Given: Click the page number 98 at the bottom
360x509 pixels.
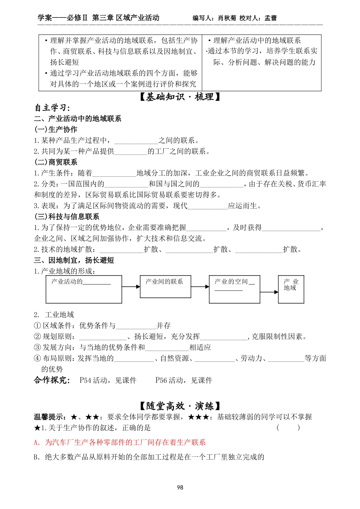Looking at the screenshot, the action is tap(180, 487).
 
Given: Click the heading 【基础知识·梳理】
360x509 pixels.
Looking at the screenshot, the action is tap(180, 97).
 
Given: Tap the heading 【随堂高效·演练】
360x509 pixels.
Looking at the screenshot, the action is tap(180, 406).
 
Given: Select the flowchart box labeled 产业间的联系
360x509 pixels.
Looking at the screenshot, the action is tap(165, 286).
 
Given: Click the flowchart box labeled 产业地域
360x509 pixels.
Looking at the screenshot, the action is tap(291, 289).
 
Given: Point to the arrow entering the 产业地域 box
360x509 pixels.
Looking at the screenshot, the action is tap(269, 292).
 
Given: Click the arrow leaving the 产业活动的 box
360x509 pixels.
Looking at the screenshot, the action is tap(131, 287).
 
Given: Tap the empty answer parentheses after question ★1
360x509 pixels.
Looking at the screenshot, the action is tap(288, 428).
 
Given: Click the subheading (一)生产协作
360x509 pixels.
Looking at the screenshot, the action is tap(56, 129).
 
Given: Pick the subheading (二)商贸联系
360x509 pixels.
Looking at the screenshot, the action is tap(56, 162).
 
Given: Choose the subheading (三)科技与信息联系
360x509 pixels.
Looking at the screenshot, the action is tap(67, 217).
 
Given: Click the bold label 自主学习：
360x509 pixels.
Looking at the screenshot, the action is tap(53, 108).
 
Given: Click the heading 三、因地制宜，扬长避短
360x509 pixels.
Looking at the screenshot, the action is tap(74, 260).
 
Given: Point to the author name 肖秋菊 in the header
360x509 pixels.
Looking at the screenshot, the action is tap(227, 18).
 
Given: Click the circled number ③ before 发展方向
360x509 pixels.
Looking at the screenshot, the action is tap(37, 347).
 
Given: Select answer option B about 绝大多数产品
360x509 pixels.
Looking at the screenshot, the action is tap(149, 457).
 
